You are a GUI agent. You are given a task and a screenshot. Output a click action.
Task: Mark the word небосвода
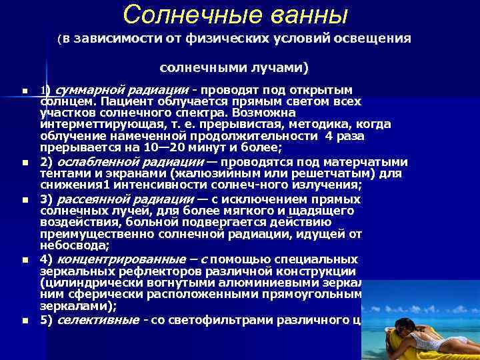pos(67,245)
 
